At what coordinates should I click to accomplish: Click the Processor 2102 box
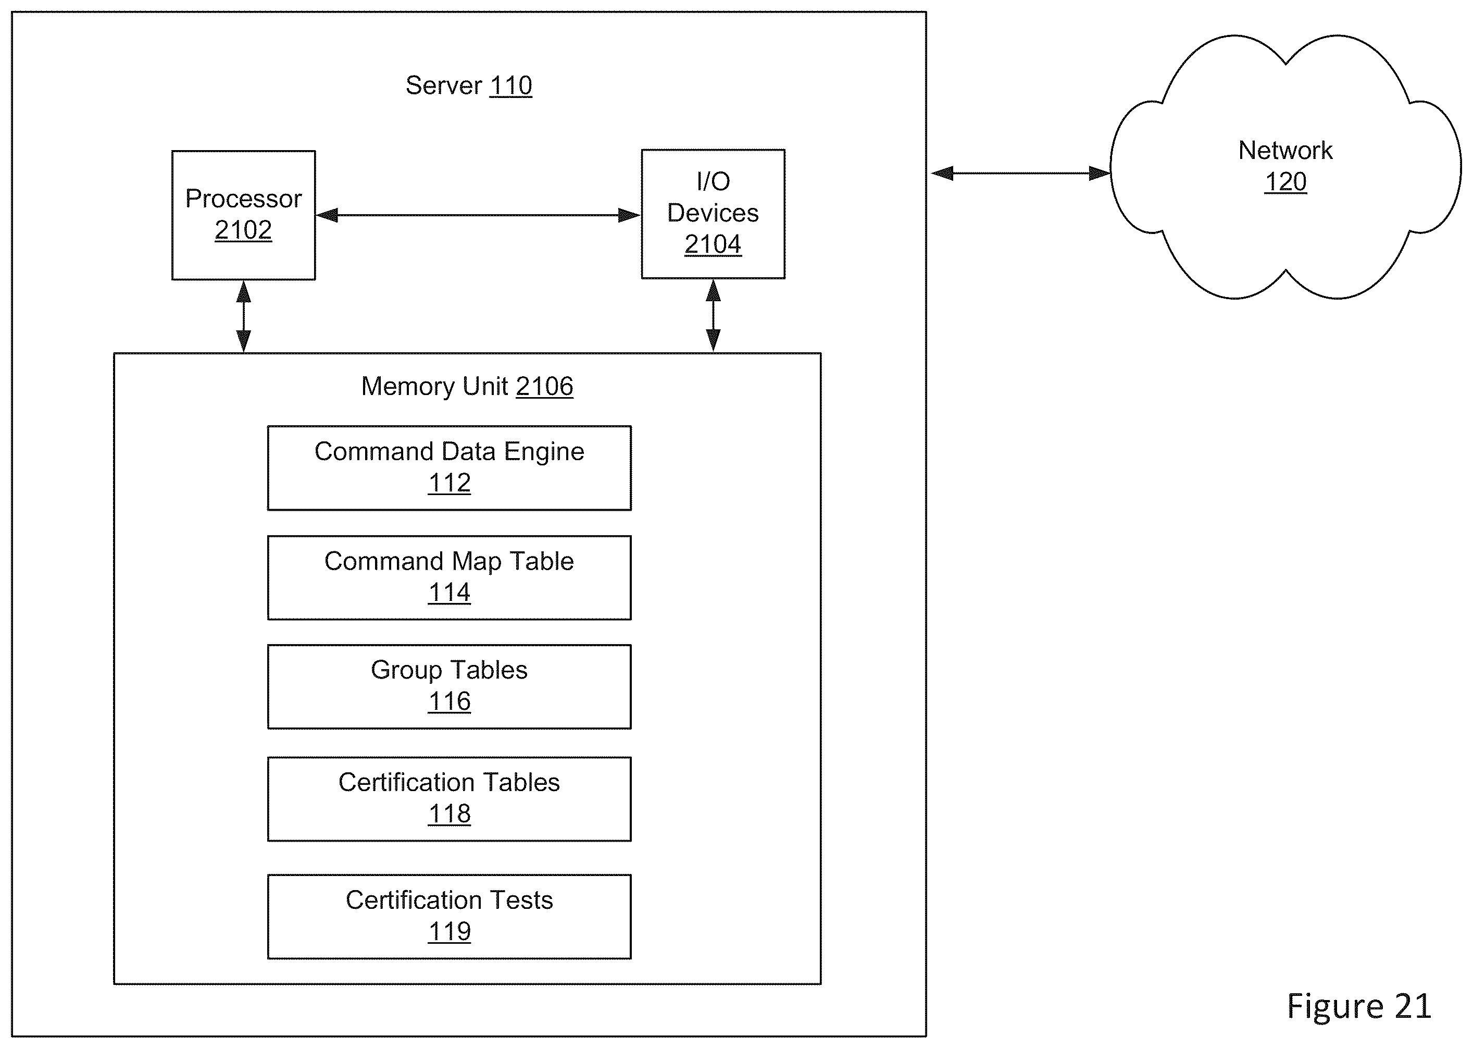[x=243, y=215]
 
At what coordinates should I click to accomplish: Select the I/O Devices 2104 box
[x=713, y=214]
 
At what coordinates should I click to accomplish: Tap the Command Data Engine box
[x=449, y=468]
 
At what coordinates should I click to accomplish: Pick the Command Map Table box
[x=449, y=577]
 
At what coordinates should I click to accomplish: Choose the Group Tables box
[x=449, y=687]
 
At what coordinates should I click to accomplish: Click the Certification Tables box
[x=449, y=799]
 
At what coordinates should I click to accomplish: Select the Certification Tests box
[x=449, y=916]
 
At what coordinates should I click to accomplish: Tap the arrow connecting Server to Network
[x=1020, y=173]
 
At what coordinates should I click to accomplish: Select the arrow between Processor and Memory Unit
[x=243, y=316]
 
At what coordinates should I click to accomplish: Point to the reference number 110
[x=511, y=85]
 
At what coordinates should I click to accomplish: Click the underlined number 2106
[x=544, y=386]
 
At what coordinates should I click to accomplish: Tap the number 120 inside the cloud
[x=1285, y=181]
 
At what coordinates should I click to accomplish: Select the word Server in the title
[x=444, y=85]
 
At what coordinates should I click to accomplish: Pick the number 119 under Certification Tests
[x=450, y=931]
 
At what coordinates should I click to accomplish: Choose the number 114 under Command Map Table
[x=450, y=593]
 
